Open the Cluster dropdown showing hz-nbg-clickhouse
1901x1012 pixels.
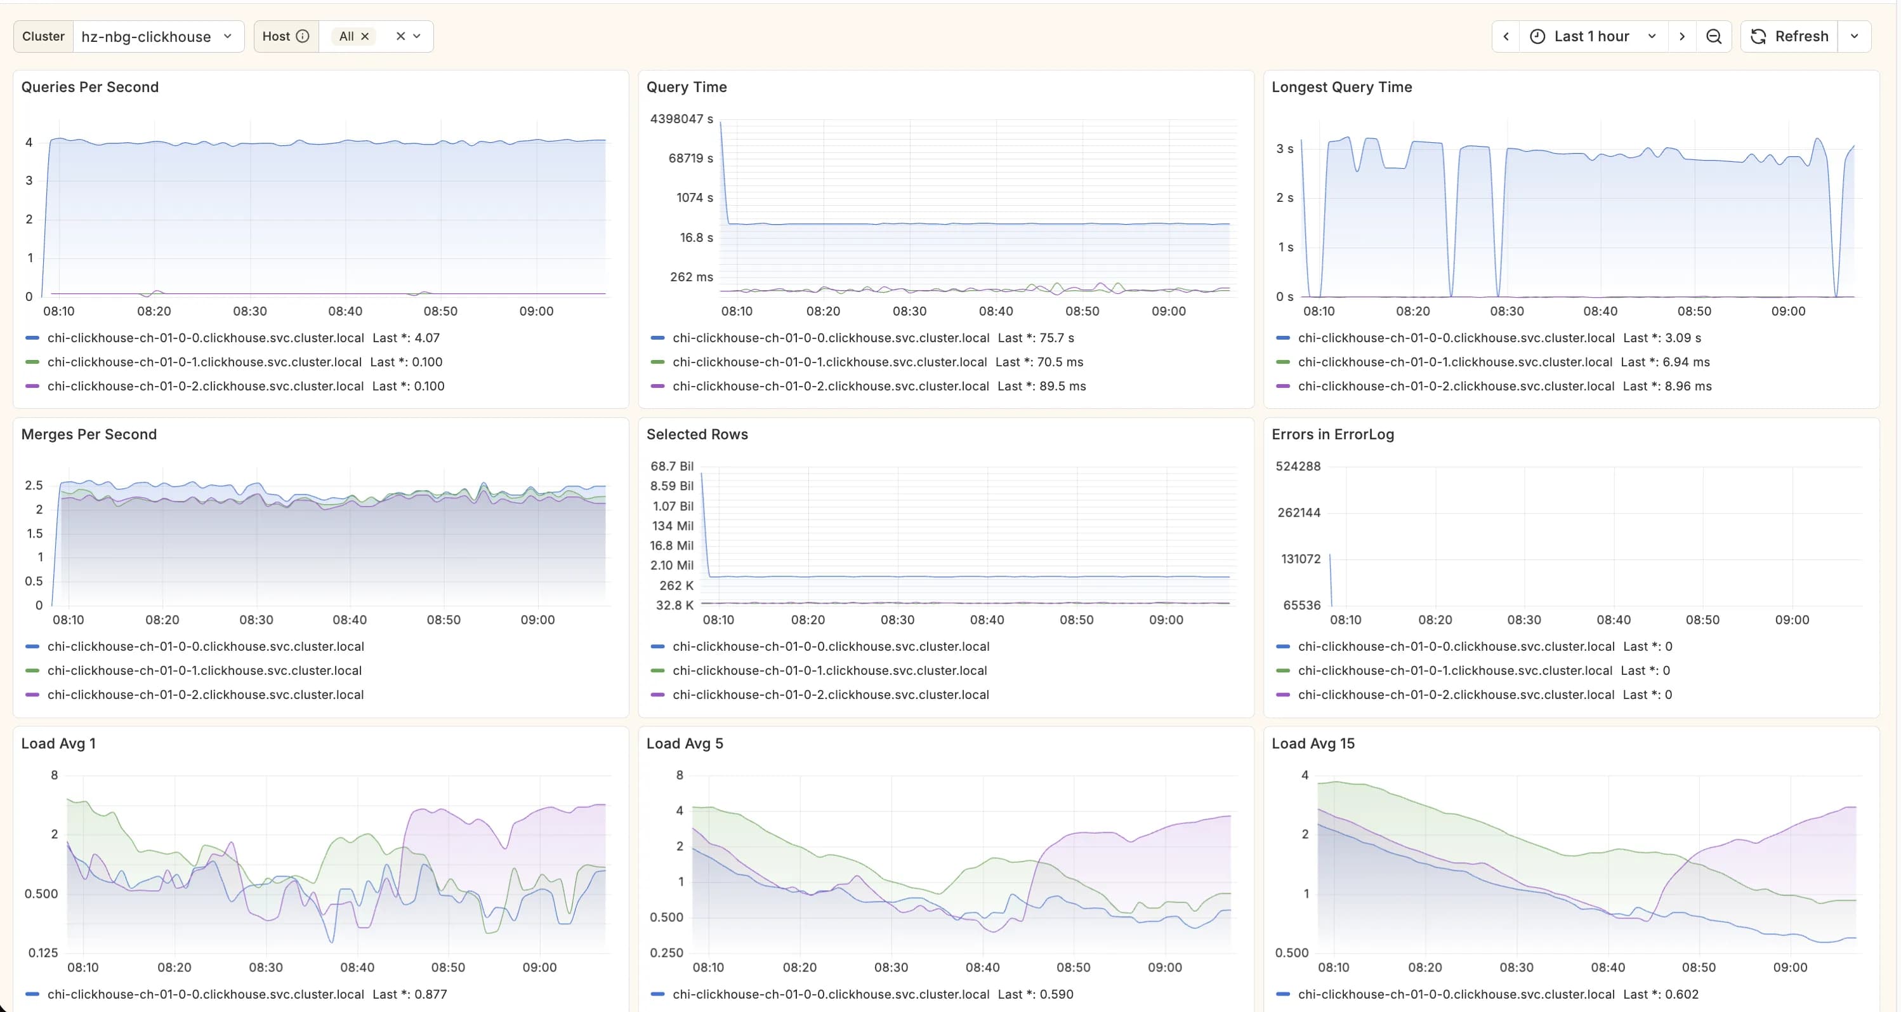pyautogui.click(x=157, y=36)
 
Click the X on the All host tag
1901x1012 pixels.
pyautogui.click(x=365, y=36)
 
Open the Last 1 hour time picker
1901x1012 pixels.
pyautogui.click(x=1593, y=36)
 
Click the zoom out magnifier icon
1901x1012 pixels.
pyautogui.click(x=1714, y=36)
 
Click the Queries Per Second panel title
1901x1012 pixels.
pyautogui.click(x=89, y=87)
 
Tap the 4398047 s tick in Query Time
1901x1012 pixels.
pyautogui.click(x=680, y=119)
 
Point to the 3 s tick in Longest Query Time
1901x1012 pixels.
pyautogui.click(x=1284, y=149)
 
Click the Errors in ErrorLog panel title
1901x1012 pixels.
pyautogui.click(x=1332, y=434)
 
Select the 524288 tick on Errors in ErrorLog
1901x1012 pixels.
pyautogui.click(x=1298, y=466)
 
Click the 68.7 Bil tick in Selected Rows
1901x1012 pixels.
pyautogui.click(x=671, y=466)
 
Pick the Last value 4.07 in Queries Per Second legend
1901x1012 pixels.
pyautogui.click(x=406, y=338)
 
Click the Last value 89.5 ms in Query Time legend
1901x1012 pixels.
pyautogui.click(x=1041, y=386)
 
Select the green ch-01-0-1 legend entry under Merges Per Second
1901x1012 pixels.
pyautogui.click(x=204, y=670)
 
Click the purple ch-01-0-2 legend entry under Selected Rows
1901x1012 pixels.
pyautogui.click(x=830, y=695)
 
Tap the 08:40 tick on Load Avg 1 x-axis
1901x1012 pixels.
pyautogui.click(x=357, y=967)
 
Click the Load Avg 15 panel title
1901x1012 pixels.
pyautogui.click(x=1312, y=743)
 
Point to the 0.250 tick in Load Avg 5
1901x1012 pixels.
pyautogui.click(x=666, y=953)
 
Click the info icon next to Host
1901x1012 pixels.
pyautogui.click(x=303, y=36)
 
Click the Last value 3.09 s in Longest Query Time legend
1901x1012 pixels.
pyautogui.click(x=1662, y=338)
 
